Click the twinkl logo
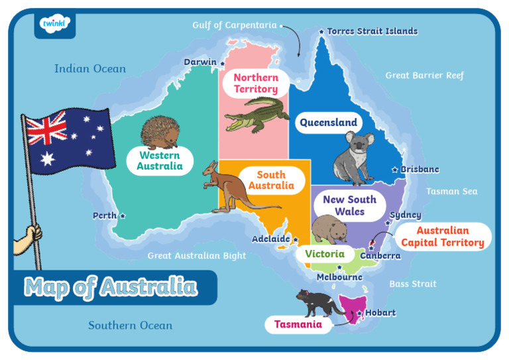pyautogui.click(x=54, y=25)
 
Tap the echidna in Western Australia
pyautogui.click(x=160, y=133)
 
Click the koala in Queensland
pyautogui.click(x=353, y=158)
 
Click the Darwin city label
pyautogui.click(x=200, y=62)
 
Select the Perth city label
pyautogui.click(x=105, y=215)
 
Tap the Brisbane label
pyautogui.click(x=420, y=170)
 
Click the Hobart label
pyautogui.click(x=380, y=313)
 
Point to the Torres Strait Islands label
pyautogui.click(x=372, y=31)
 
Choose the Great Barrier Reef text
pyautogui.click(x=424, y=76)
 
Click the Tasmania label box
pyautogui.click(x=298, y=325)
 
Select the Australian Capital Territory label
pyautogui.click(x=442, y=237)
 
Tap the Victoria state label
pyautogui.click(x=325, y=254)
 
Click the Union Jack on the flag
pyautogui.click(x=47, y=129)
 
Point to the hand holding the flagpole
pyautogui.click(x=30, y=233)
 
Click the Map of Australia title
pyautogui.click(x=111, y=287)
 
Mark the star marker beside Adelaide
pyautogui.click(x=296, y=239)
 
